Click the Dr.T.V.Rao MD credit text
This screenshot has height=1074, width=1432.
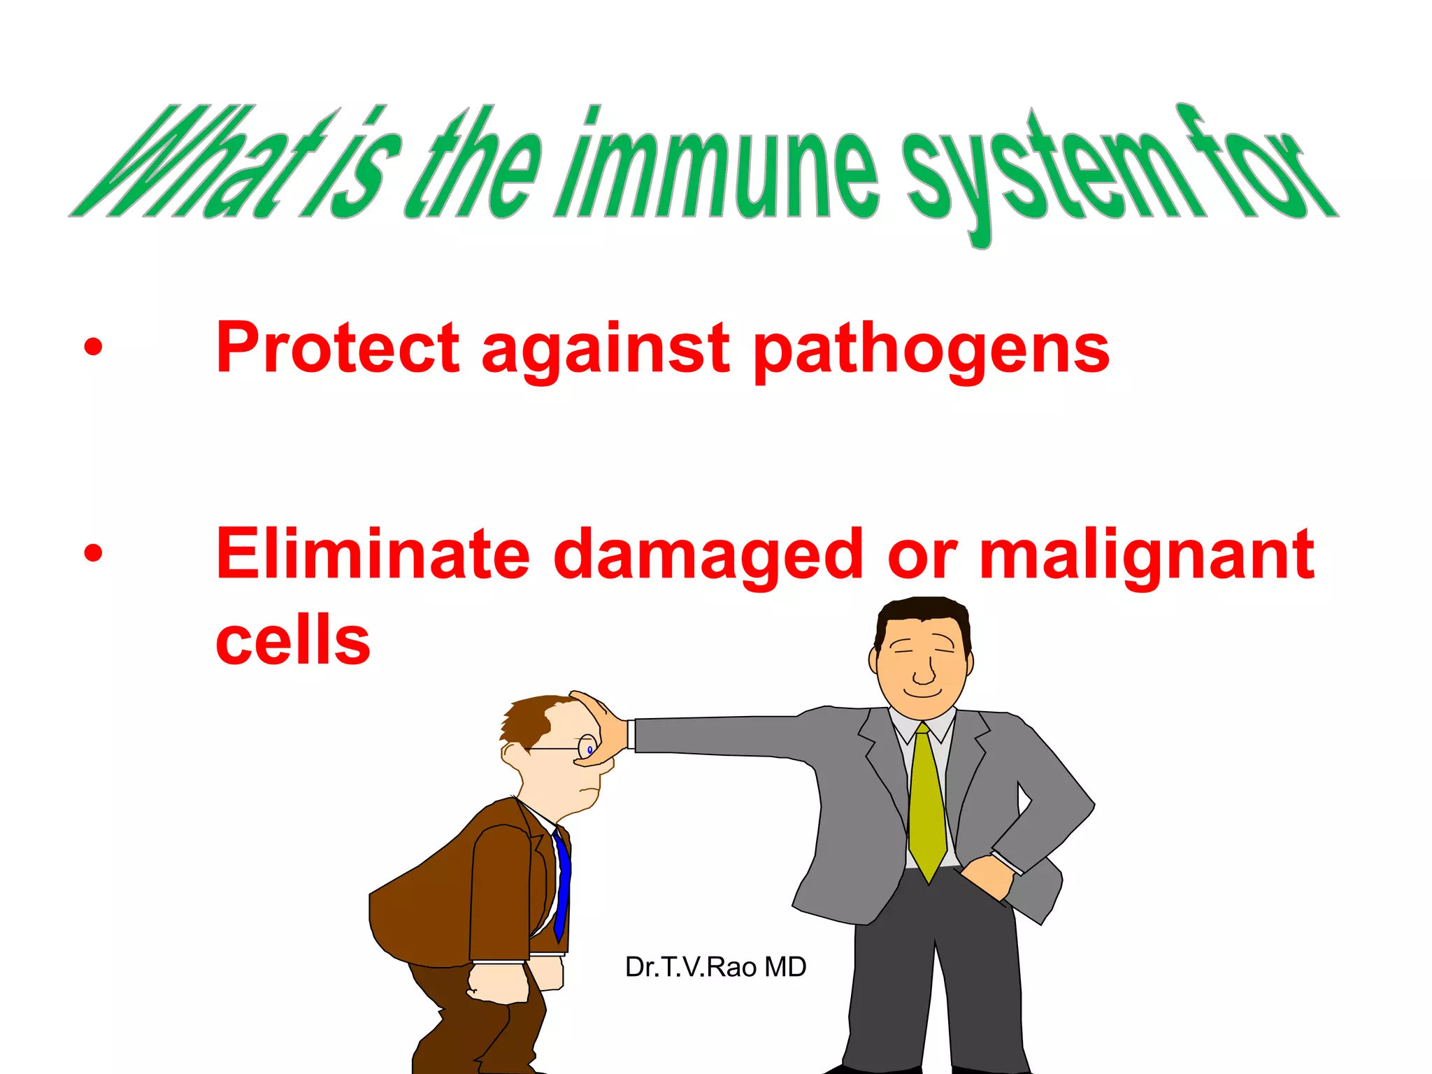[x=715, y=967]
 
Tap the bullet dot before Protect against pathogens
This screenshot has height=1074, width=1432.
[x=93, y=347]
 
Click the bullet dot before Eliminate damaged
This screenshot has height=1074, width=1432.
[x=93, y=553]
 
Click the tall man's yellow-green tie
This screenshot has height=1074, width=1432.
[x=926, y=804]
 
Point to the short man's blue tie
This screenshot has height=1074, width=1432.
[x=562, y=885]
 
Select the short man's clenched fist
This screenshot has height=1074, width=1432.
[x=498, y=982]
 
